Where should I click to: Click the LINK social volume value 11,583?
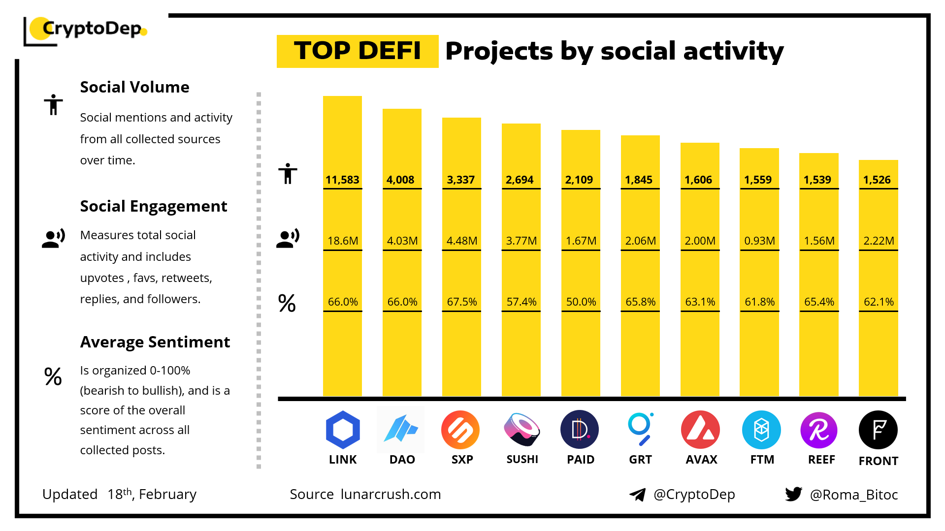(x=342, y=180)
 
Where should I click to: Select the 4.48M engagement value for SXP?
(x=461, y=241)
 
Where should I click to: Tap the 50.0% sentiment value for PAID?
(x=581, y=302)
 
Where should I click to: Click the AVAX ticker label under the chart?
(x=701, y=460)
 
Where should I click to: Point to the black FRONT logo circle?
(x=878, y=430)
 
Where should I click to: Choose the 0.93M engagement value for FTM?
(x=759, y=241)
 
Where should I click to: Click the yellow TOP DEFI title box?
(x=358, y=51)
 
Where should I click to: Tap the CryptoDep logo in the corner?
(x=86, y=30)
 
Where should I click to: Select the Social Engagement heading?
(x=154, y=206)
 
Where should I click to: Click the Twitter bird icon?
(x=793, y=494)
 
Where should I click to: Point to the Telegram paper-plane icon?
(x=638, y=495)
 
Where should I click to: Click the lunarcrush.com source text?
(x=391, y=494)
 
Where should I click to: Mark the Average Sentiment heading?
(x=155, y=342)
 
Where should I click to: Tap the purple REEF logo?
(x=819, y=430)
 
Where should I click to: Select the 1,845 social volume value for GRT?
(x=639, y=180)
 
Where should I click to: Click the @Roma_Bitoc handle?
(x=854, y=495)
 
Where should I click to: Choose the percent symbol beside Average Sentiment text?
(x=53, y=376)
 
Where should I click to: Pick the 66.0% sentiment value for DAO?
(x=402, y=302)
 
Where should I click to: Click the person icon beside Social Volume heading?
(x=53, y=104)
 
